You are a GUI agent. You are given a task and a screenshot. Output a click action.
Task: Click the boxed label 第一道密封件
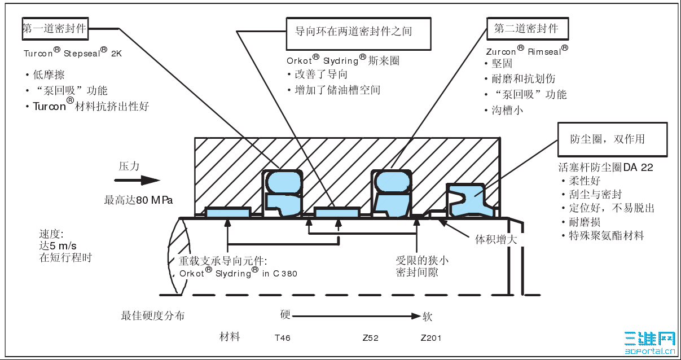pyautogui.click(x=55, y=29)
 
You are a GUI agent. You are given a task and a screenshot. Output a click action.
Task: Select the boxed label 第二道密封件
pyautogui.click(x=526, y=29)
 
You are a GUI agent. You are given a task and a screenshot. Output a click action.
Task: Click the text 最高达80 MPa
pyautogui.click(x=138, y=200)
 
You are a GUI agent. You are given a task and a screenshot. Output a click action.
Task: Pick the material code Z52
pyautogui.click(x=370, y=339)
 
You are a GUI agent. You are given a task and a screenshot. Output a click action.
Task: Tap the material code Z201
pyautogui.click(x=431, y=339)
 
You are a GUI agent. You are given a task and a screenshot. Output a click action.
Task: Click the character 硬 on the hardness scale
pyautogui.click(x=285, y=315)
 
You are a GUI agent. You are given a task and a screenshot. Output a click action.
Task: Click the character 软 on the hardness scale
pyautogui.click(x=428, y=317)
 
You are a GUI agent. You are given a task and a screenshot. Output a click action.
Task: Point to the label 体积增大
pyautogui.click(x=495, y=239)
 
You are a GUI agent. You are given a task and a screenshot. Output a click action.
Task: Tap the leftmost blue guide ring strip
pyautogui.click(x=227, y=212)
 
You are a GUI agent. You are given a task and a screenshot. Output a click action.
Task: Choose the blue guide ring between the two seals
pyautogui.click(x=336, y=212)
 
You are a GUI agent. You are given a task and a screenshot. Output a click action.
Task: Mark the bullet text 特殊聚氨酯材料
pyautogui.click(x=607, y=236)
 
